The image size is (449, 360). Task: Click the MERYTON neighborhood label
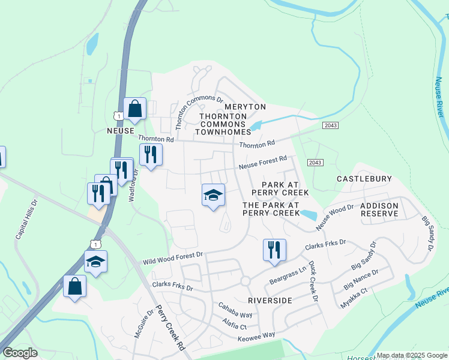pyautogui.click(x=245, y=107)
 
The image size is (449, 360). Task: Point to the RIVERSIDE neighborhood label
pyautogui.click(x=270, y=300)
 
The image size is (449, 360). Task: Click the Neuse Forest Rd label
pyautogui.click(x=263, y=163)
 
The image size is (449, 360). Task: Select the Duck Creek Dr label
pyautogui.click(x=312, y=277)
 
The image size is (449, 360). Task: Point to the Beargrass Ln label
pyautogui.click(x=288, y=266)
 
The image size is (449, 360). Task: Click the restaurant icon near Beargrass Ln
pyautogui.click(x=274, y=250)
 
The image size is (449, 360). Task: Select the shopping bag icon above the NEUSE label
pyautogui.click(x=134, y=109)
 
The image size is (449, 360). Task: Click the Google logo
pyautogui.click(x=20, y=353)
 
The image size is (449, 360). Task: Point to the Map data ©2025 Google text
pyautogui.click(x=407, y=355)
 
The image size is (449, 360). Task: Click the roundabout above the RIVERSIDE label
pyautogui.click(x=245, y=281)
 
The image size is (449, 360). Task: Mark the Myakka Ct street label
pyautogui.click(x=372, y=298)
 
